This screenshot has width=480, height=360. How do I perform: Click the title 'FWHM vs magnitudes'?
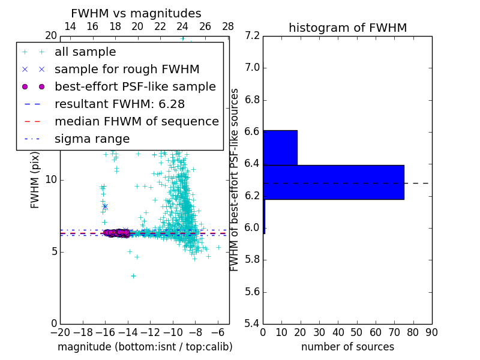[x=136, y=13]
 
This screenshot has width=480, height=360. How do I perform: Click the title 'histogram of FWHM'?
[x=347, y=28]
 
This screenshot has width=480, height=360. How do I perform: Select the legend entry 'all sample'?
[x=85, y=52]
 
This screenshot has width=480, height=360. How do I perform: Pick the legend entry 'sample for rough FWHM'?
[x=127, y=69]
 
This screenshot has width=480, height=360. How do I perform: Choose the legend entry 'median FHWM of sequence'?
[x=136, y=121]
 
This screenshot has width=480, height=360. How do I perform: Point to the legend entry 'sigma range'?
[x=92, y=139]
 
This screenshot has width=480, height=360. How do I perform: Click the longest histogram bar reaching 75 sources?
[x=334, y=182]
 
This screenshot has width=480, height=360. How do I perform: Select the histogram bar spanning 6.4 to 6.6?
[x=280, y=148]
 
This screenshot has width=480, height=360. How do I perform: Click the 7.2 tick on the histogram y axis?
[x=252, y=36]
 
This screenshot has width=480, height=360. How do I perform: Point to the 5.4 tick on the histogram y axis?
[x=252, y=323]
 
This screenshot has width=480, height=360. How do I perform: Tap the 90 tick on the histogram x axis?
[x=431, y=332]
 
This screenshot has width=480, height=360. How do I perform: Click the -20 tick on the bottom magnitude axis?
[x=60, y=332]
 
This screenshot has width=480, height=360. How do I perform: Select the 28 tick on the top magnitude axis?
[x=228, y=27]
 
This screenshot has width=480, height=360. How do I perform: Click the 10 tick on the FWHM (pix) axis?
[x=51, y=180]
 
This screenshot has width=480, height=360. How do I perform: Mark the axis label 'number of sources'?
[x=347, y=347]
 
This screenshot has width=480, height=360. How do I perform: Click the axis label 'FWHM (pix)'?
[x=35, y=179]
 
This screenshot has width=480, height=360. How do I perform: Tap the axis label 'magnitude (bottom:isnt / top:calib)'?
[x=145, y=347]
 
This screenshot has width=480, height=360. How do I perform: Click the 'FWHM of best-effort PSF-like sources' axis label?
[x=235, y=179]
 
